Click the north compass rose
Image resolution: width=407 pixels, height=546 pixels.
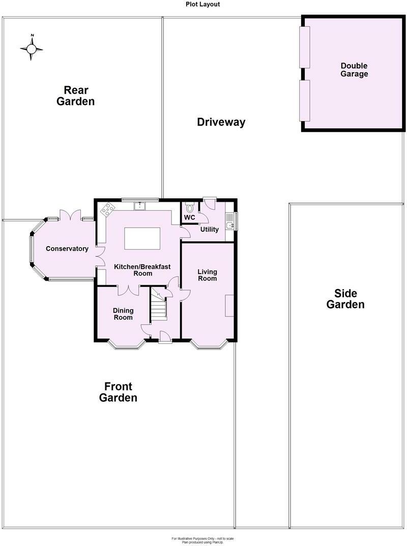click(x=32, y=48)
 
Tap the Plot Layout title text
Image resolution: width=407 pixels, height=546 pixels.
click(x=202, y=4)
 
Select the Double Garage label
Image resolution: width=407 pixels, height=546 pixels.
click(x=354, y=70)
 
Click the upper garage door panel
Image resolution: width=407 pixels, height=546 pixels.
click(x=305, y=47)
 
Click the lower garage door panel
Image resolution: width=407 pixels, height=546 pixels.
click(x=305, y=101)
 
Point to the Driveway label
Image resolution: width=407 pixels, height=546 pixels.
click(x=221, y=122)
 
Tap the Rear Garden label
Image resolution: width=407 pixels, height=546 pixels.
click(x=75, y=96)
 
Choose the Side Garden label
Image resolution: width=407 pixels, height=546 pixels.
click(x=345, y=299)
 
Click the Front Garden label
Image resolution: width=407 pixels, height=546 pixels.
click(x=118, y=392)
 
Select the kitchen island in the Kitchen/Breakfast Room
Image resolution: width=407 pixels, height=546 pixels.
click(x=142, y=238)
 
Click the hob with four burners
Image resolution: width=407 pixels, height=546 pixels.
click(x=108, y=209)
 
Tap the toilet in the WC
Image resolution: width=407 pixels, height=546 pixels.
click(x=190, y=208)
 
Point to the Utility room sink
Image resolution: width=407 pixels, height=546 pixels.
click(x=229, y=221)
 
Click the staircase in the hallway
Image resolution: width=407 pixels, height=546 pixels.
click(x=159, y=304)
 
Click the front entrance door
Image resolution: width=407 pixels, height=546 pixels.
click(x=165, y=337)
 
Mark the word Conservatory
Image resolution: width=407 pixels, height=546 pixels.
click(x=67, y=249)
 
